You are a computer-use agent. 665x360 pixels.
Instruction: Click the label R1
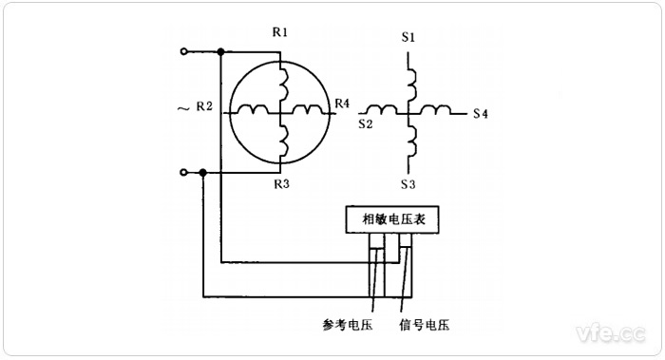click(280, 32)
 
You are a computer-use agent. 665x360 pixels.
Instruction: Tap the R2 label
click(204, 105)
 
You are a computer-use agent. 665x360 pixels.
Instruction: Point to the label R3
click(280, 182)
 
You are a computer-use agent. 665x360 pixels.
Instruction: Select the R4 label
click(342, 103)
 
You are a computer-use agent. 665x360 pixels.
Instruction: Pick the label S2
click(365, 123)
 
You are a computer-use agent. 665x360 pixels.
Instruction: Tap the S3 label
click(408, 181)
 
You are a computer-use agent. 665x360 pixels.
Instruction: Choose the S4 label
click(481, 114)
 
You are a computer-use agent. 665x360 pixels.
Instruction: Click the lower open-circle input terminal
click(184, 173)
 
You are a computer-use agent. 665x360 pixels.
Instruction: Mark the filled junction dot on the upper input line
click(220, 50)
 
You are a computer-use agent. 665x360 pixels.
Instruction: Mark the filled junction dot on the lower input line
click(203, 173)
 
